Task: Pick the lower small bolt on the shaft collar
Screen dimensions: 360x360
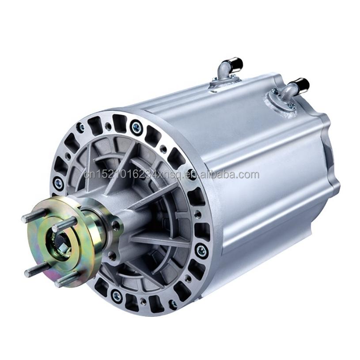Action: point(114,255)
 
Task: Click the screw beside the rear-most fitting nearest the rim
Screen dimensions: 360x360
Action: point(292,105)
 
